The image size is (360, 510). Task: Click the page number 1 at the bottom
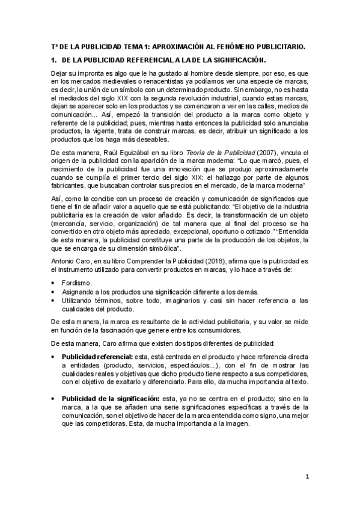[x=307, y=478]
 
